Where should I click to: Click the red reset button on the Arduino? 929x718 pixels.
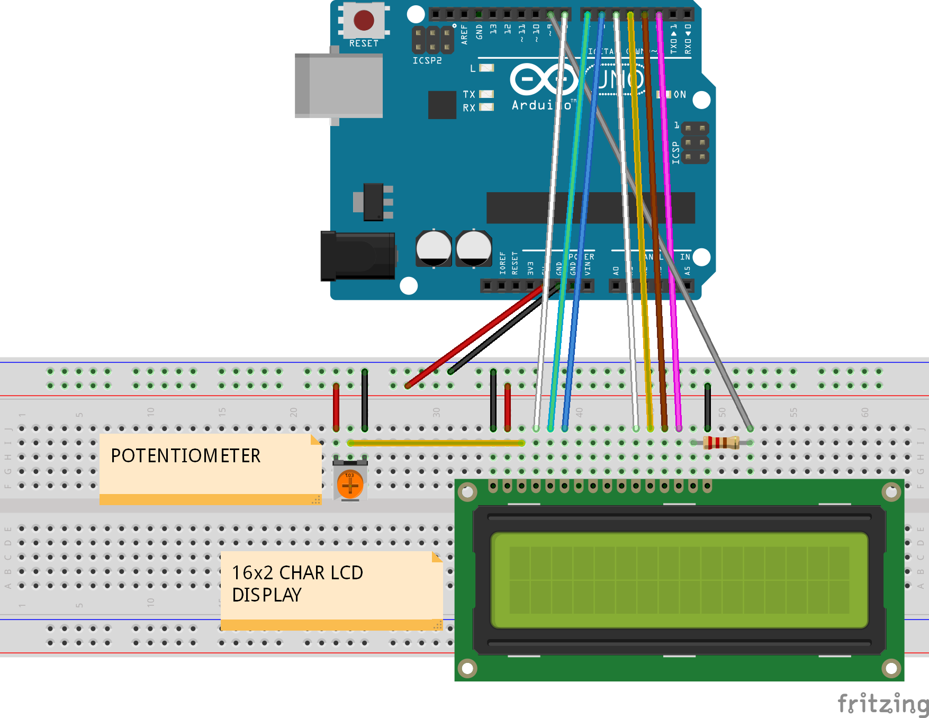pyautogui.click(x=364, y=20)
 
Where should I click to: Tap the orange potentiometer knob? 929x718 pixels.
pyautogui.click(x=350, y=484)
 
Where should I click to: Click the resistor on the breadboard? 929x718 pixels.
pyautogui.click(x=721, y=443)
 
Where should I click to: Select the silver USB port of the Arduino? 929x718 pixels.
pyautogui.click(x=339, y=85)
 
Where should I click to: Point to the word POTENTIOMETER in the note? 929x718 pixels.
pyautogui.click(x=185, y=456)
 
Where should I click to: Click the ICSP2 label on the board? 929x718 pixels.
pyautogui.click(x=427, y=61)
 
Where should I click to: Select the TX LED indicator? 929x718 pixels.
pyautogui.click(x=486, y=94)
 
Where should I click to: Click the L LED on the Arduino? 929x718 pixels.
pyautogui.click(x=486, y=68)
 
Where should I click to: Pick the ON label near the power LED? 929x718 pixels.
pyautogui.click(x=680, y=94)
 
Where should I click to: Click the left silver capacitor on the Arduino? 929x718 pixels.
pyautogui.click(x=434, y=248)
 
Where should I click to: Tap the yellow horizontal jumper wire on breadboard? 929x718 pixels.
pyautogui.click(x=436, y=443)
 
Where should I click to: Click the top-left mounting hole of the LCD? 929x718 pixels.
pyautogui.click(x=467, y=493)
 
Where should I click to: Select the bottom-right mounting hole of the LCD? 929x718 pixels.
pyautogui.click(x=891, y=668)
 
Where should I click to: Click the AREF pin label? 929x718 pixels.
pyautogui.click(x=464, y=34)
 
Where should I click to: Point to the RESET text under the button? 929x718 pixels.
pyautogui.click(x=364, y=43)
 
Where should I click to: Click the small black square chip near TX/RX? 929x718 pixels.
pyautogui.click(x=442, y=104)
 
